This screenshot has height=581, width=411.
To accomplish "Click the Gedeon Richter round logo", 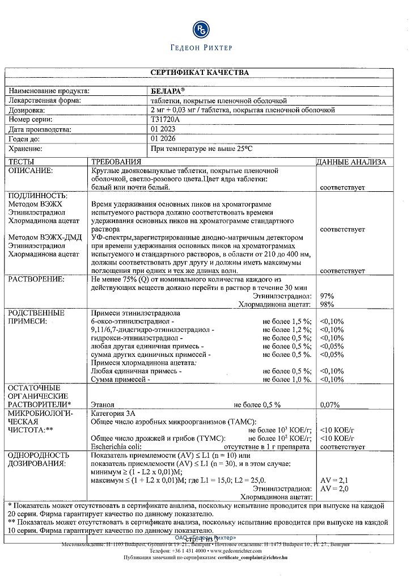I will coord(201,30).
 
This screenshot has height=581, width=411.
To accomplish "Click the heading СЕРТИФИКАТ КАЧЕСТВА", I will coord(200,73).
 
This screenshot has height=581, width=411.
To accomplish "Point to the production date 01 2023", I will coord(163,129).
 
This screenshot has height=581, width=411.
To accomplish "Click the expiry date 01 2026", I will coord(163,138).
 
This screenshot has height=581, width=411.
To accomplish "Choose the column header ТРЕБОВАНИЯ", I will coord(116,162).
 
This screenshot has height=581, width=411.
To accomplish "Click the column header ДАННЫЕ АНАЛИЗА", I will coord(351,162).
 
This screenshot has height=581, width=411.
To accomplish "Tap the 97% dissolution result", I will coord(327,296).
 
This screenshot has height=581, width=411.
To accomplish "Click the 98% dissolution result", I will coord(327,305).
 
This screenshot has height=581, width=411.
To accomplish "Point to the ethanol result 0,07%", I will coord(330,405).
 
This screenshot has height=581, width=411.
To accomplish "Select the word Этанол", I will coord(103,405).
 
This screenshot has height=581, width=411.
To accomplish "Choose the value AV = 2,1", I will coord(334,480).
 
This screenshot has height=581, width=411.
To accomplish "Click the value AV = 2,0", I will coord(334,489).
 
